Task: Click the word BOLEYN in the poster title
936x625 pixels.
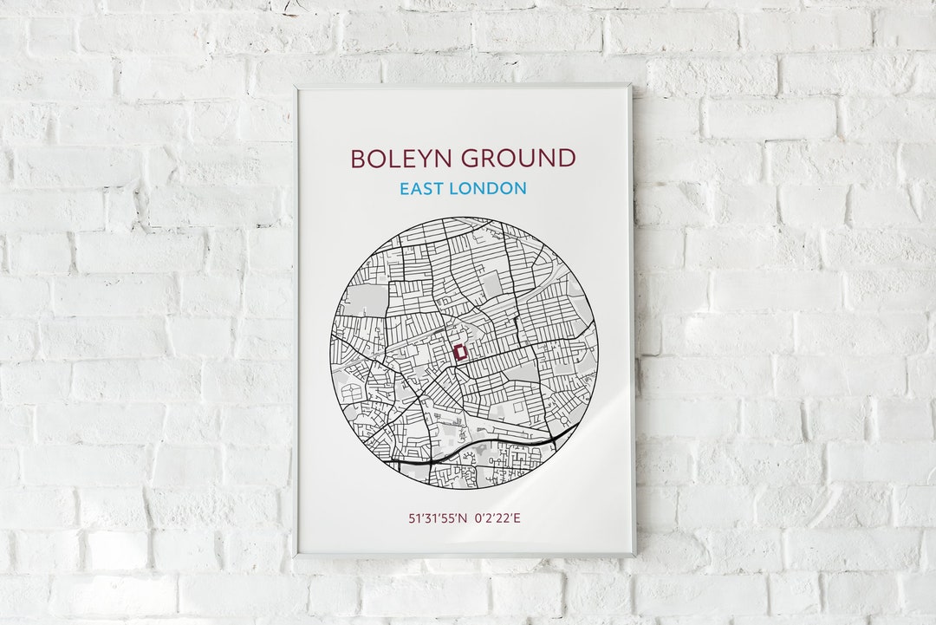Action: (400, 159)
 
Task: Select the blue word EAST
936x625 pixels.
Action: (423, 188)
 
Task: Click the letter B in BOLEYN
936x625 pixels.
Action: (357, 159)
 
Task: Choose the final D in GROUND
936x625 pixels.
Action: (566, 159)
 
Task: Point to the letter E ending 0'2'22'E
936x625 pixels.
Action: (517, 518)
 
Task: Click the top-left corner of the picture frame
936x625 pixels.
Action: (295, 86)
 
